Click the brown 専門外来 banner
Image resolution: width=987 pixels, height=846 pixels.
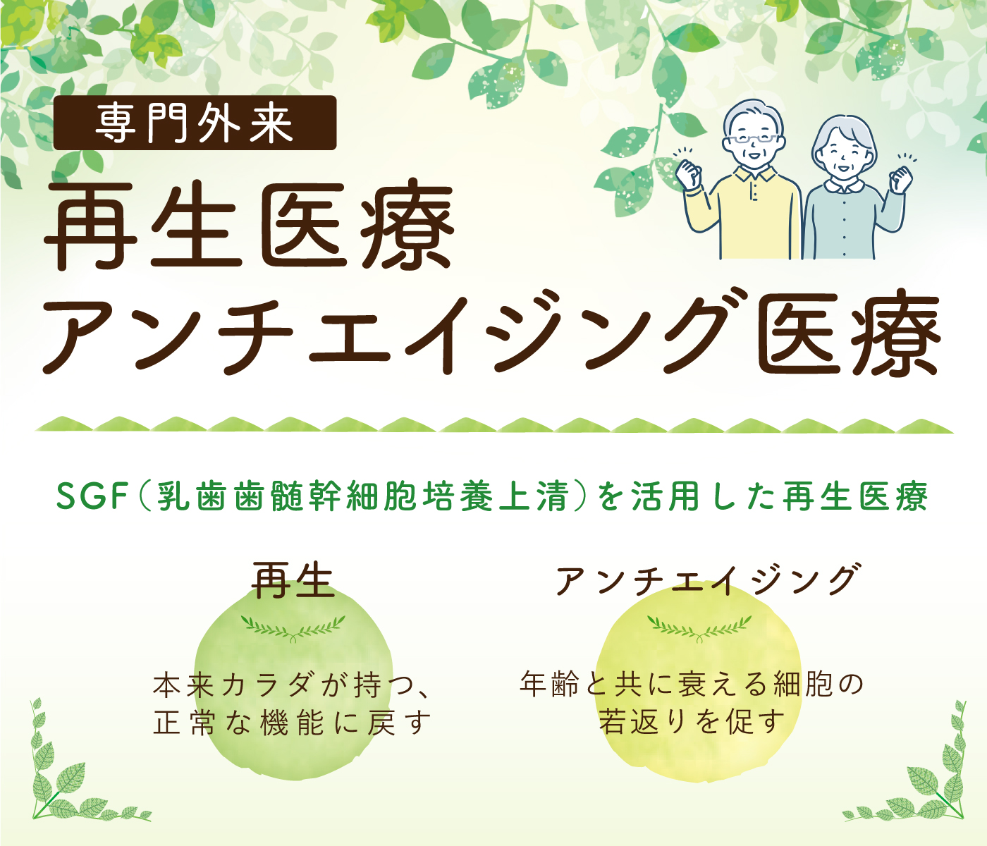(195, 123)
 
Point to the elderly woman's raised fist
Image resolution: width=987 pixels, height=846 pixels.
(900, 180)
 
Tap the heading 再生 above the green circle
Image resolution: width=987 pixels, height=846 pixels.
(293, 580)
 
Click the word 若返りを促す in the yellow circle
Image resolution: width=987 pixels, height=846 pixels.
(692, 721)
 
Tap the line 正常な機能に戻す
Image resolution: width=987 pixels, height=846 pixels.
(292, 723)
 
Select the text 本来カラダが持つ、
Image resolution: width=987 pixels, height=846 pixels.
(293, 685)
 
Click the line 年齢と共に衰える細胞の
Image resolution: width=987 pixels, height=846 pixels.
(692, 684)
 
